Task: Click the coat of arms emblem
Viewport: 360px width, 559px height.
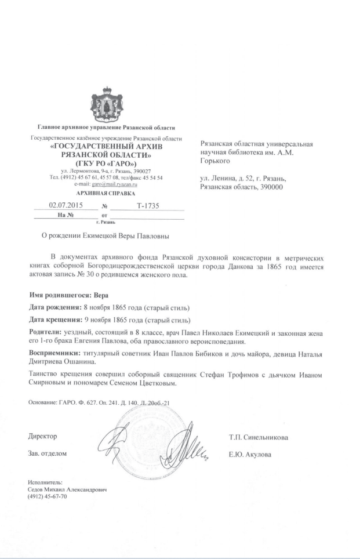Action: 106,102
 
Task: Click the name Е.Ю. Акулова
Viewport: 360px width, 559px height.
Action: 250,454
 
